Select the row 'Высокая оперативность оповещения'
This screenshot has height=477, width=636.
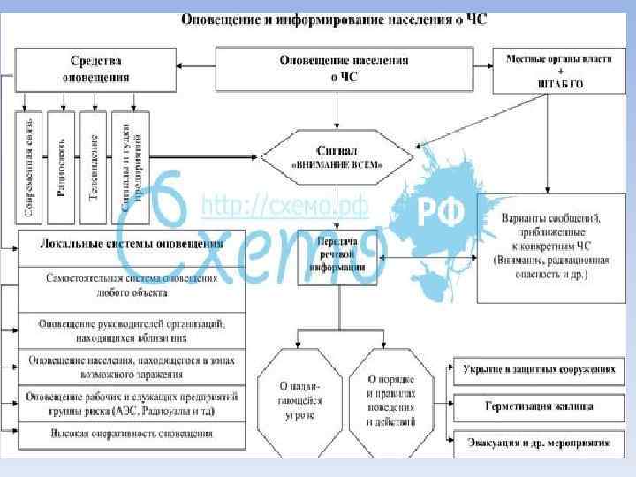[x=131, y=434]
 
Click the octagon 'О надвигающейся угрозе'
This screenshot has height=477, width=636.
[x=300, y=399]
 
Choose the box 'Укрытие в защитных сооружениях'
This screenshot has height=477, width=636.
[x=539, y=371]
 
